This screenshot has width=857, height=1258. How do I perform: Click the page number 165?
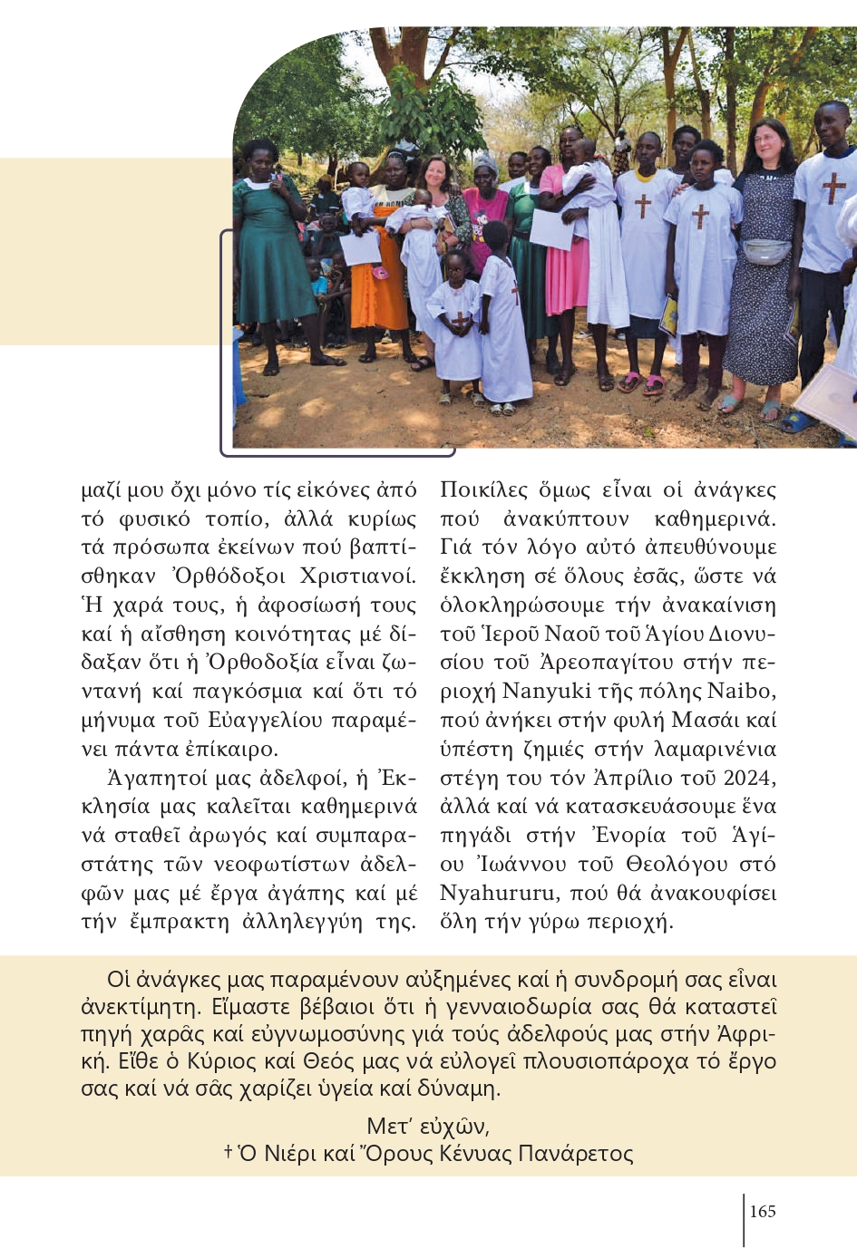click(763, 1211)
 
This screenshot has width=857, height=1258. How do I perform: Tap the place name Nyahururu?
click(498, 893)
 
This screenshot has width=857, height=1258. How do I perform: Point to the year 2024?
click(749, 778)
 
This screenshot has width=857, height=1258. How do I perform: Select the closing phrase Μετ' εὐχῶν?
click(428, 1126)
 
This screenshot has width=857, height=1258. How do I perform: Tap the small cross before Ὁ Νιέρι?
click(228, 1151)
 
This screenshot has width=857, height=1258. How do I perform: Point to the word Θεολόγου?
click(668, 864)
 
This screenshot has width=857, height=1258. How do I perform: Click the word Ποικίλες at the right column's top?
click(484, 489)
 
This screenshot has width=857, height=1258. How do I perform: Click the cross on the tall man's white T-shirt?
click(833, 188)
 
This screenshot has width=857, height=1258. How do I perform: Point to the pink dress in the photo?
click(565, 272)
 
